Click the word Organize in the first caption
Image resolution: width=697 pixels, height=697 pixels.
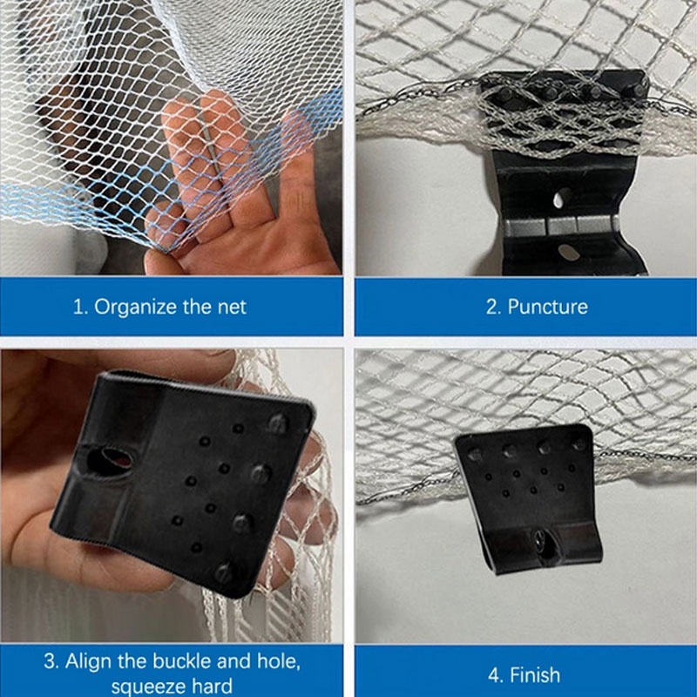point(132,307)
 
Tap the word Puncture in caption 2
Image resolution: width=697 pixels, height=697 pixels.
point(548,307)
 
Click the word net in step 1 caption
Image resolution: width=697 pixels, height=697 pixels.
point(231,307)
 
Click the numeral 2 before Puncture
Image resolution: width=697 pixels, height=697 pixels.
point(491,307)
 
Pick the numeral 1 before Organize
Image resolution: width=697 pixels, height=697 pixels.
point(78,307)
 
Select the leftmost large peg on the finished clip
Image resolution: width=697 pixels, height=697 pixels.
point(475,453)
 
